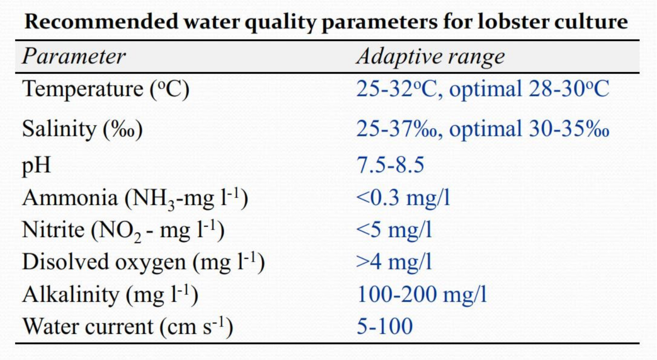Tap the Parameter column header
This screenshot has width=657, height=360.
tap(74, 57)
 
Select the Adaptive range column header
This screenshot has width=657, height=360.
tap(430, 57)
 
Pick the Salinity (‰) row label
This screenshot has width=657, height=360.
tap(83, 129)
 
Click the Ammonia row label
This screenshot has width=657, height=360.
tap(135, 198)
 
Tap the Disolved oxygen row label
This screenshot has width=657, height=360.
tap(143, 262)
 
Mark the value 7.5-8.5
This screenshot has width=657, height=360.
tap(390, 165)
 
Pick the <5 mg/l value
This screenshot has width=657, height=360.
tap(394, 230)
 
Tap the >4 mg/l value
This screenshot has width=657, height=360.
tap(394, 262)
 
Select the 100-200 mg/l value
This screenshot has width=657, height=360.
tap(422, 294)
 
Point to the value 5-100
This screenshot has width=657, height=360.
tap(384, 327)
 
